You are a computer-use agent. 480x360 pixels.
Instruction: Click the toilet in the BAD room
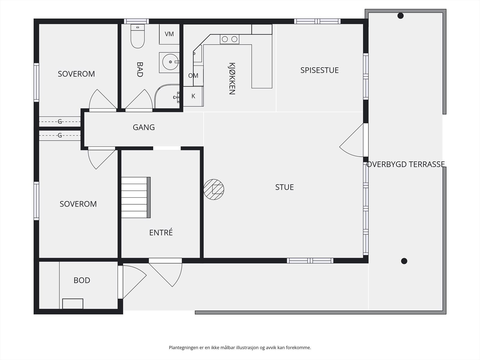tap(137, 36)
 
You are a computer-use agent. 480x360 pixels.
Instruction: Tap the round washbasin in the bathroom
tap(170, 62)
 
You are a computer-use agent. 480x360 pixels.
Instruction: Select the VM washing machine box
tap(169, 34)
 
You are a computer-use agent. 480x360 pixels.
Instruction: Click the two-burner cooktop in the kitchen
tap(229, 39)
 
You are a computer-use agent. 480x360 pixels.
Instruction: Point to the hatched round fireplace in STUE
tap(214, 190)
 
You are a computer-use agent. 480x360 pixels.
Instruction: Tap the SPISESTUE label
tap(319, 70)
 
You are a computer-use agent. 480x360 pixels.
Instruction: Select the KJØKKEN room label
tap(232, 79)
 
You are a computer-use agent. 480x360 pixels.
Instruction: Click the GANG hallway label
tap(144, 127)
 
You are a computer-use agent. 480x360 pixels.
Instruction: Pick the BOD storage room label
tap(82, 280)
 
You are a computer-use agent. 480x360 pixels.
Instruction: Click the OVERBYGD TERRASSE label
tap(405, 164)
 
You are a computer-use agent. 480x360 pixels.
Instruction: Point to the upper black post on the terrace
tap(400, 16)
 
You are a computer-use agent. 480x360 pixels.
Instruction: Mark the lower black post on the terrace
tap(404, 261)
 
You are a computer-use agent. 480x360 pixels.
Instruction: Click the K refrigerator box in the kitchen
tap(193, 96)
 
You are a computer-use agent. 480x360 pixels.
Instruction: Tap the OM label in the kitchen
tap(193, 76)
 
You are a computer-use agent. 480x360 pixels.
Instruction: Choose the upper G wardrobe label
tap(60, 121)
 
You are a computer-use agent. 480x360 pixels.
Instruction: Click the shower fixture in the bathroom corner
tap(176, 97)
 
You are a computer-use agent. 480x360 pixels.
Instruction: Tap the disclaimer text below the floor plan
tap(240, 347)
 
